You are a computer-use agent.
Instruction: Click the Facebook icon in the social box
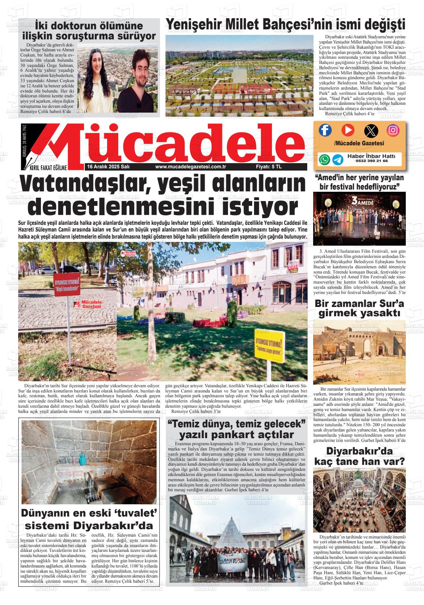325,130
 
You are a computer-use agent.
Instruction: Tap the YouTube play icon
348,130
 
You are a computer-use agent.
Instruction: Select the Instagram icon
393,130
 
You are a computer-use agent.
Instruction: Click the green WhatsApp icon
324,159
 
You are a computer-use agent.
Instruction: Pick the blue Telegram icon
338,159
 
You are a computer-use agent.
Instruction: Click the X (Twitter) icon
370,130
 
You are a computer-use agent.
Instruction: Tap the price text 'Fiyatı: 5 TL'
269,167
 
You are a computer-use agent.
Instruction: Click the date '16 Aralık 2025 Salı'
108,167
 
